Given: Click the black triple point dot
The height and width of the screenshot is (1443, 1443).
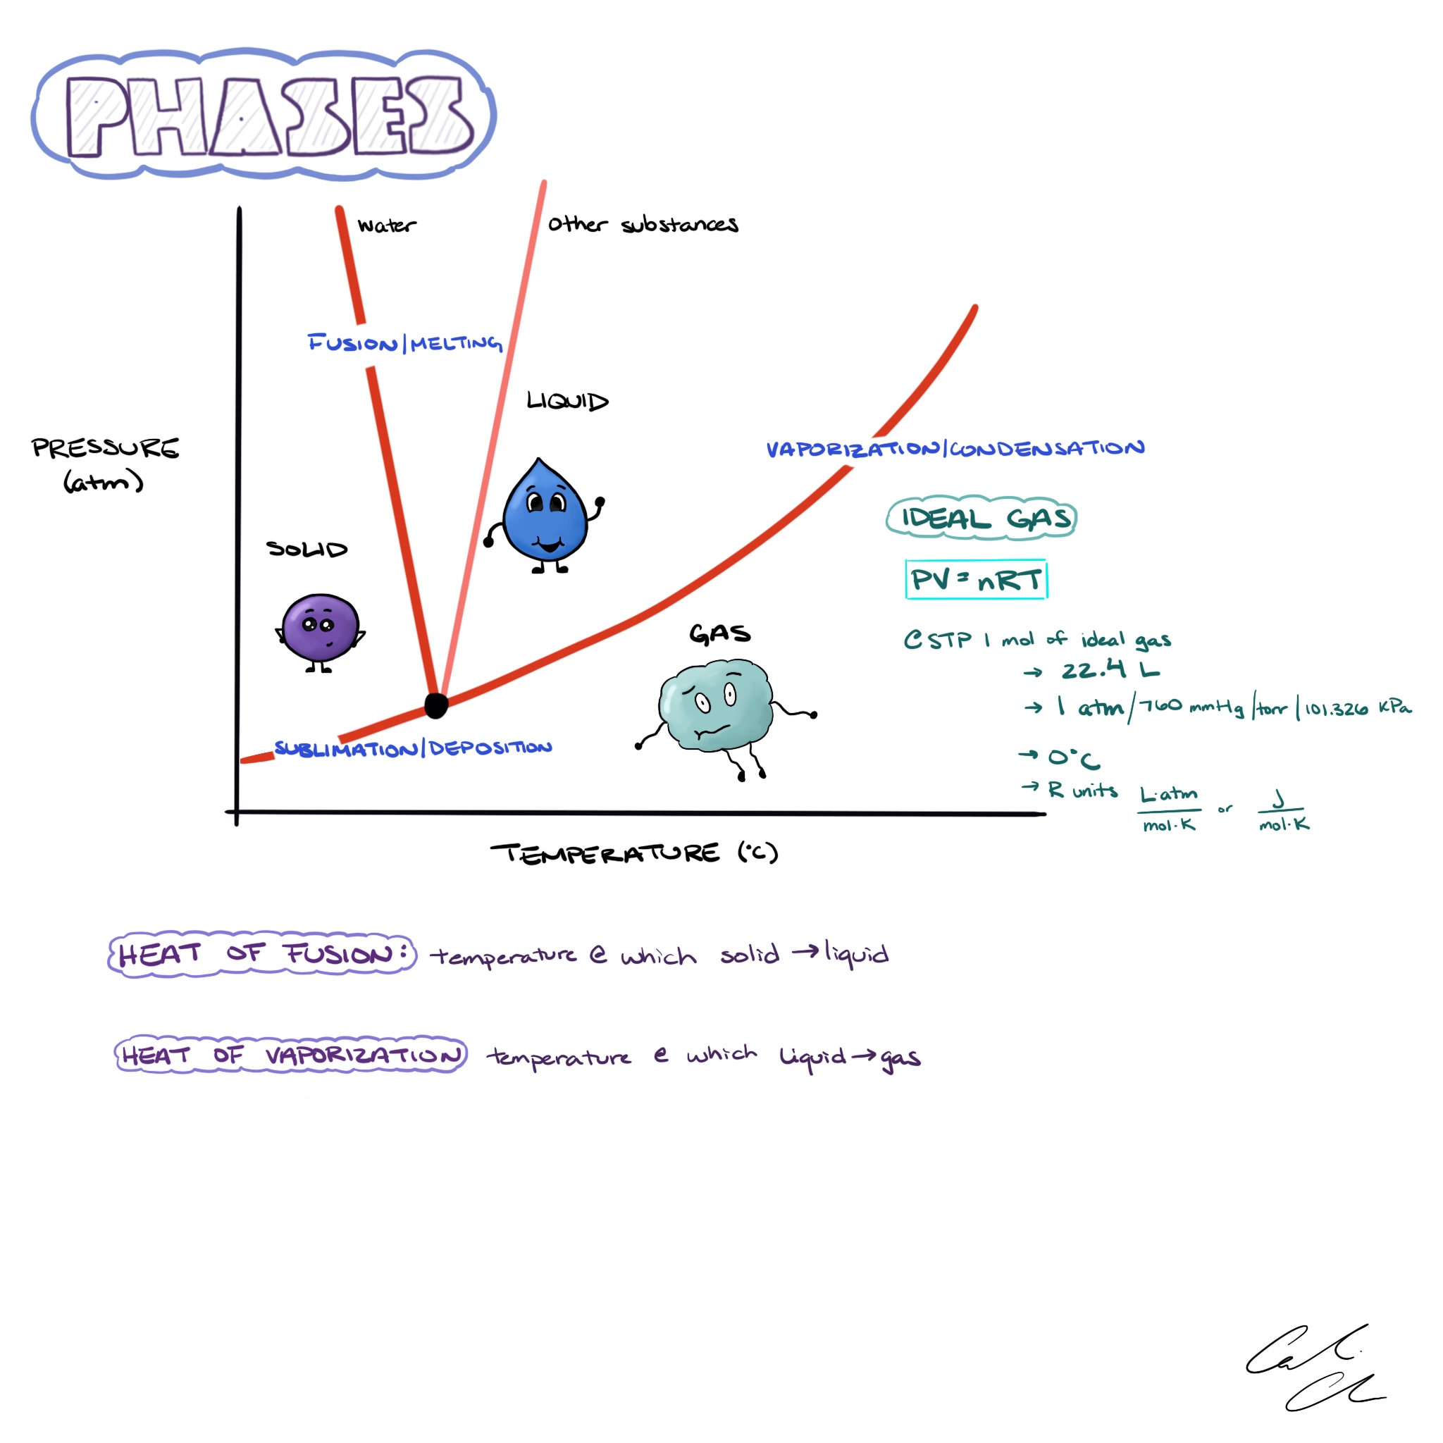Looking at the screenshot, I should pyautogui.click(x=436, y=705).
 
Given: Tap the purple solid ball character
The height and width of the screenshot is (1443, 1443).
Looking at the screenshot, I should pyautogui.click(x=321, y=628).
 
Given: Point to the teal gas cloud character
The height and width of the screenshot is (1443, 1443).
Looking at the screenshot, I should pyautogui.click(x=716, y=705).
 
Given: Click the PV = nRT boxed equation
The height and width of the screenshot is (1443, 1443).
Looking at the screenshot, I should pyautogui.click(x=975, y=580).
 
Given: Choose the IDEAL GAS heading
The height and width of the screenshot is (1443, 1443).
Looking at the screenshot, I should pyautogui.click(x=981, y=517).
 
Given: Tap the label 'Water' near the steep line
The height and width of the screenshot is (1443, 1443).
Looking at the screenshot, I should pyautogui.click(x=386, y=225).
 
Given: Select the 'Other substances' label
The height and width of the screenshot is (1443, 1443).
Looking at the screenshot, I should pyautogui.click(x=643, y=224).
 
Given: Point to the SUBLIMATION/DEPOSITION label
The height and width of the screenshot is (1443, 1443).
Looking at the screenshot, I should pyautogui.click(x=413, y=748).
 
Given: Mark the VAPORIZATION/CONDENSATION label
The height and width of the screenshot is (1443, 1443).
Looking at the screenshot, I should pyautogui.click(x=955, y=449).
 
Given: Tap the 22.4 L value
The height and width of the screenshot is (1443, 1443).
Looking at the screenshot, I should pyautogui.click(x=1110, y=669).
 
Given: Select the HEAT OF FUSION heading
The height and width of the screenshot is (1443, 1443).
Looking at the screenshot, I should pyautogui.click(x=261, y=954).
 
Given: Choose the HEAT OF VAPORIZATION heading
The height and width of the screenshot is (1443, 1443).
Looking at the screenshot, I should pyautogui.click(x=290, y=1055).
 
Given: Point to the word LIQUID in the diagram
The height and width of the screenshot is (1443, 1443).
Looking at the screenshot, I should pyautogui.click(x=567, y=401).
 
